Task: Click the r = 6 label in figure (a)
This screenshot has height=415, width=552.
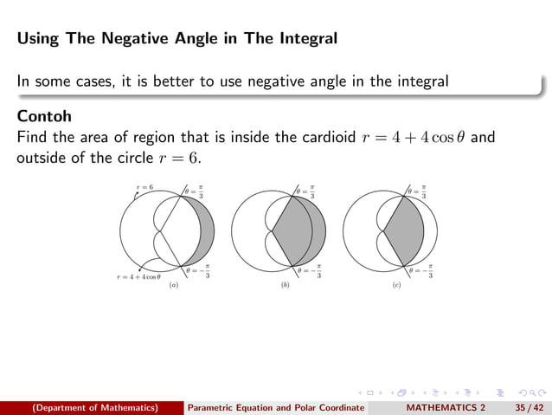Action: pyautogui.click(x=144, y=187)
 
